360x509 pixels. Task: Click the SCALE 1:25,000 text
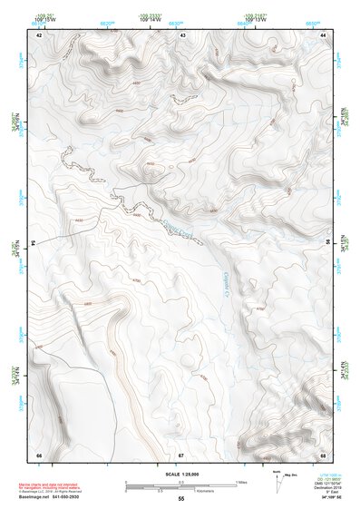[x=180, y=475]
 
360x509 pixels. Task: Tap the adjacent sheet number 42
[x=39, y=34]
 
